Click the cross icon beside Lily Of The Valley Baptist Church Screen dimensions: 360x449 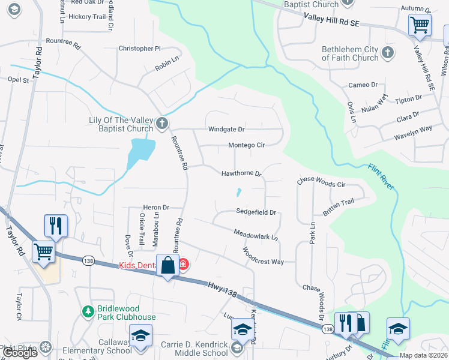[161, 124]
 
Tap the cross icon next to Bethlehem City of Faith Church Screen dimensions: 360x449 [387, 53]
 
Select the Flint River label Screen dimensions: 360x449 [381, 178]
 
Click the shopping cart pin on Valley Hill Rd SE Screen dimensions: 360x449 [420, 26]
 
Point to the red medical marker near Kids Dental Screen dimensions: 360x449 [183, 264]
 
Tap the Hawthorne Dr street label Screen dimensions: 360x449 [242, 174]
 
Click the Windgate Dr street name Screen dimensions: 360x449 [226, 129]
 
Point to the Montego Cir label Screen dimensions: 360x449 [246, 145]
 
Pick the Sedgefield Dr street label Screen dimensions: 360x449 [256, 212]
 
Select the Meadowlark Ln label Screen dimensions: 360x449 [256, 234]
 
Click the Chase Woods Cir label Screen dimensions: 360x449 [322, 181]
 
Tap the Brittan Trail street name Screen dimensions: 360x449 [343, 205]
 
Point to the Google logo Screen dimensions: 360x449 [20, 353]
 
